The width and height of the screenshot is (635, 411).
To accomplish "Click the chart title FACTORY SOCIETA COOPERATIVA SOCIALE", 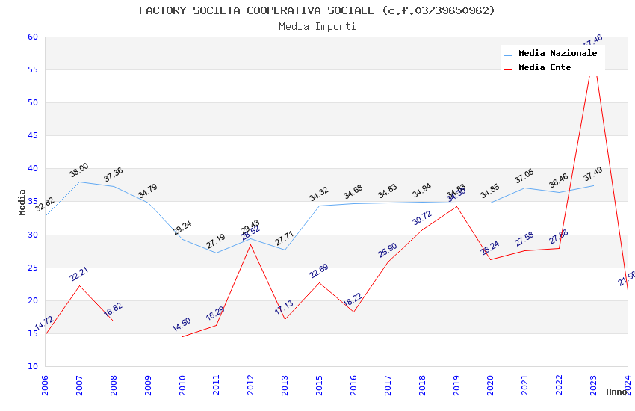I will [x=317, y=10].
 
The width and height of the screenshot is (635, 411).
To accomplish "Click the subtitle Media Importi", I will [x=317, y=26].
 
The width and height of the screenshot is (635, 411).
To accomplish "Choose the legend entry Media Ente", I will [x=545, y=68].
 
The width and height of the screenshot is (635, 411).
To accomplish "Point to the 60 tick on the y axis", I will [x=32, y=37].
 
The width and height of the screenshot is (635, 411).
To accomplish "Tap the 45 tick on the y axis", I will [x=32, y=135].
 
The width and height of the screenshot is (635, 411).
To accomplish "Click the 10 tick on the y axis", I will [x=32, y=366].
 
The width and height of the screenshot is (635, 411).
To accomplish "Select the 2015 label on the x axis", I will [x=320, y=385].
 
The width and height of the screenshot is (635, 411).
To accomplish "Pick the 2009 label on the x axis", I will [x=148, y=385].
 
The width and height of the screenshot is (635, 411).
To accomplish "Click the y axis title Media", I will [x=22, y=202].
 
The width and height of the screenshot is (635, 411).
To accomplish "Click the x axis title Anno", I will [x=616, y=392].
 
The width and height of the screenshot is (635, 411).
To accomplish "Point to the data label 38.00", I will [x=79, y=170].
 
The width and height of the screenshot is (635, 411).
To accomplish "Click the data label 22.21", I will [x=79, y=274].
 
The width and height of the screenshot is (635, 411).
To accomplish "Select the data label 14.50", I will [x=182, y=324].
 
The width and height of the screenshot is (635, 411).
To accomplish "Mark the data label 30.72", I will [x=422, y=217].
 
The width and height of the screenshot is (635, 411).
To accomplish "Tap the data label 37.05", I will [x=524, y=176].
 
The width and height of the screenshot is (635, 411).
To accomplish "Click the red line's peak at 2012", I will [x=251, y=244].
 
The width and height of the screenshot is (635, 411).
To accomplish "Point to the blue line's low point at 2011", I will [x=217, y=253].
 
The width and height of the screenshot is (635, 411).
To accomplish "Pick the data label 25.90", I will [x=388, y=250].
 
